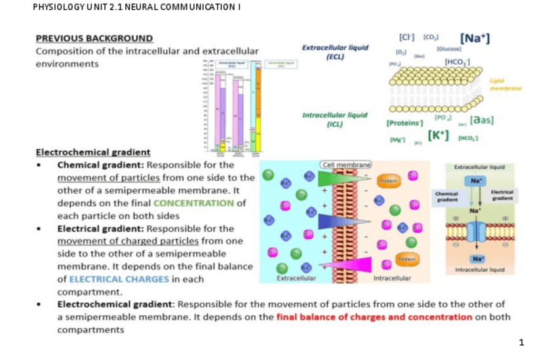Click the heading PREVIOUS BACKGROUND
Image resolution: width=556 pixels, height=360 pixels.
[94, 39]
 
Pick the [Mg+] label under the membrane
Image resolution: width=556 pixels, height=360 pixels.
[397, 139]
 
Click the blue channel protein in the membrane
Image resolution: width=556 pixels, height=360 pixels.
[475, 232]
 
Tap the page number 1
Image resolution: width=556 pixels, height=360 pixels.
[521, 342]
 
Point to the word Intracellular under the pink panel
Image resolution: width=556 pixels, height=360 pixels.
[391, 279]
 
